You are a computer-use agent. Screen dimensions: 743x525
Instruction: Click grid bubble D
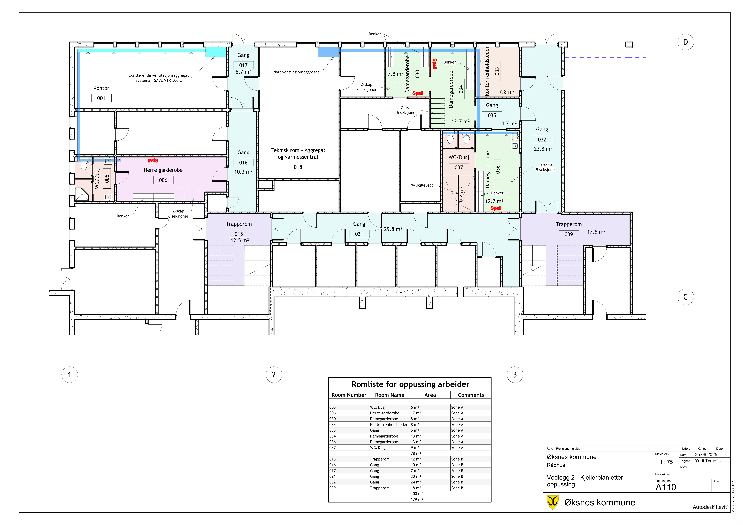pyautogui.click(x=685, y=42)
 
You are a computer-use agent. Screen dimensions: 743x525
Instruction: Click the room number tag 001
pyautogui.click(x=101, y=98)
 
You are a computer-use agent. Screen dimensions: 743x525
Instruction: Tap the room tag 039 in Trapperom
pyautogui.click(x=569, y=234)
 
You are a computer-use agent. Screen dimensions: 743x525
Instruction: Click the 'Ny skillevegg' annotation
pyautogui.click(x=422, y=185)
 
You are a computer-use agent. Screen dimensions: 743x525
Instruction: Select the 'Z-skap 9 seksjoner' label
pyautogui.click(x=546, y=167)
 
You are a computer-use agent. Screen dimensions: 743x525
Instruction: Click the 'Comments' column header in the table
pyautogui.click(x=471, y=395)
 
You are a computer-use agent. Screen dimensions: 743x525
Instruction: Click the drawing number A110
pyautogui.click(x=666, y=487)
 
